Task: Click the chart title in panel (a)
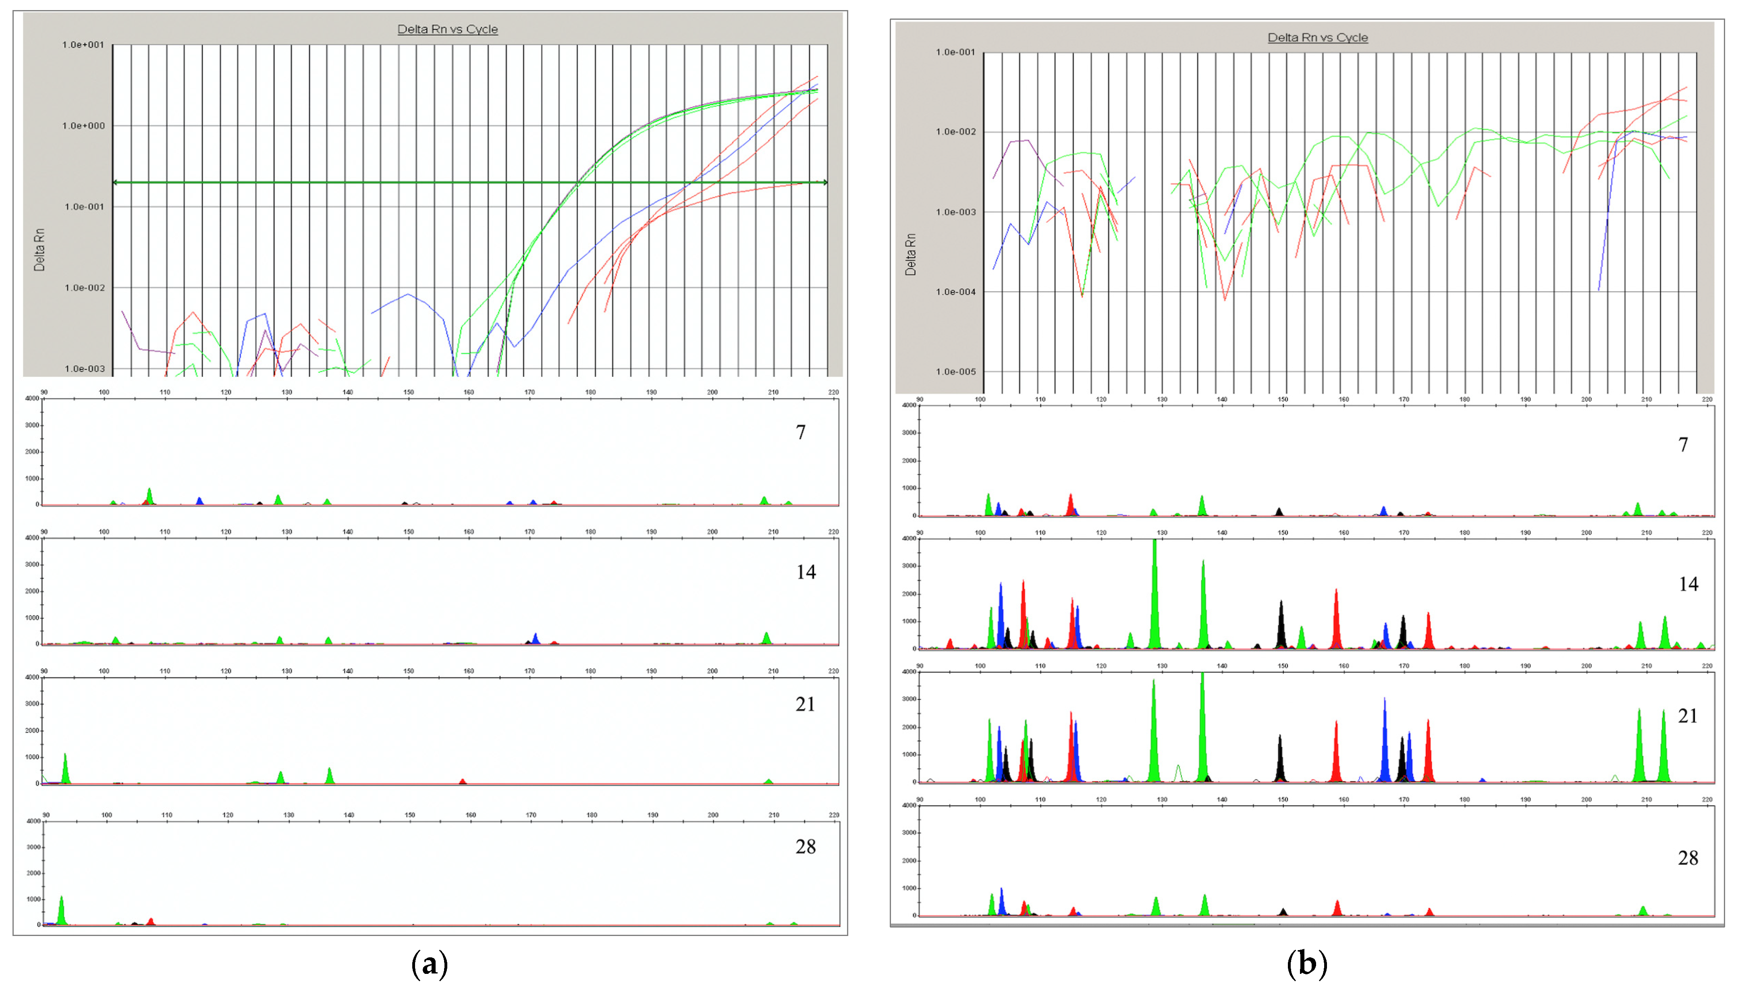tap(448, 29)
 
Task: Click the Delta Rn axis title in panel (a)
tap(39, 250)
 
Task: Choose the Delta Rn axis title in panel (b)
tap(910, 255)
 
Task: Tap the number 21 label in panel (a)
tap(805, 704)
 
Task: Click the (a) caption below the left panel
tap(430, 965)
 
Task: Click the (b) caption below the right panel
tap(1307, 965)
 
